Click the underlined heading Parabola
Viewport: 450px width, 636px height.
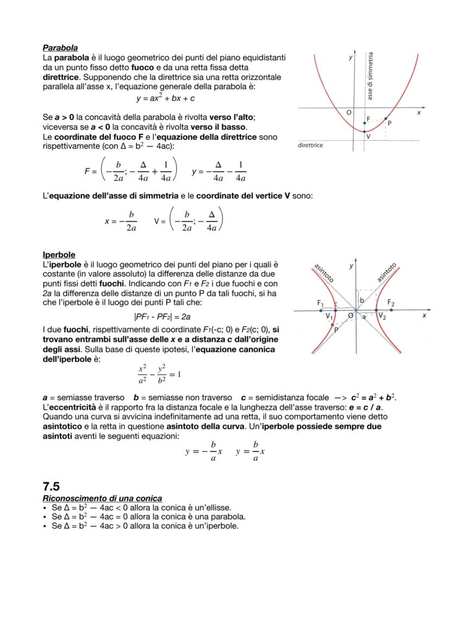point(60,48)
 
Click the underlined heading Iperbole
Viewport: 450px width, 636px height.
point(59,254)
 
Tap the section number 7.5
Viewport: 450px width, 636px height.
point(51,486)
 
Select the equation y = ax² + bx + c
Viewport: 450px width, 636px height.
point(165,98)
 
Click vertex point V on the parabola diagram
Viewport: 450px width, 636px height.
point(364,131)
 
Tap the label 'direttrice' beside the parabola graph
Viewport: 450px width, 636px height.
point(311,146)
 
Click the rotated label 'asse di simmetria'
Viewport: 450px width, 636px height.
point(370,76)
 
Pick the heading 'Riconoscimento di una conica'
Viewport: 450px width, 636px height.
point(102,498)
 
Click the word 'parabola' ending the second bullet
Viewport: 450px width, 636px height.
point(229,517)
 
